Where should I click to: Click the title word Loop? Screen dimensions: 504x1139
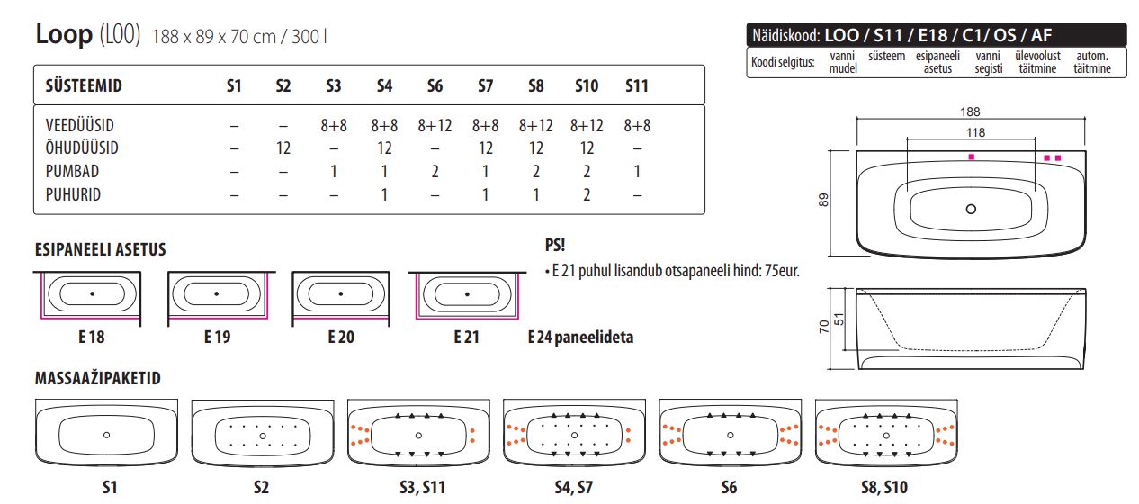pos(64,34)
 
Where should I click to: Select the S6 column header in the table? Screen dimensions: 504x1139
pos(435,86)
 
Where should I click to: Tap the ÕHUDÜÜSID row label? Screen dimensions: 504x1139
pos(82,148)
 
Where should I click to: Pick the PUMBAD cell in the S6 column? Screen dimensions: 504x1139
pos(435,172)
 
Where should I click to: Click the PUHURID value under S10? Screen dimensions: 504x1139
pos(587,195)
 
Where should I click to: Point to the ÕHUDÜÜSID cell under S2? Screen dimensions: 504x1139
pos(283,148)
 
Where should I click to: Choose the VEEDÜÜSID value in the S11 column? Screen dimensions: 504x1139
pos(637,126)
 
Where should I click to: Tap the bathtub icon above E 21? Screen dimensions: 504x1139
pos(465,294)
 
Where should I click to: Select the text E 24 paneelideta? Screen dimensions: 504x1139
pos(580,337)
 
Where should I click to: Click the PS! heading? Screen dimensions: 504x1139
pos(555,245)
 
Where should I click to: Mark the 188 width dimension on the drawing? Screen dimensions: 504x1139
pos(969,112)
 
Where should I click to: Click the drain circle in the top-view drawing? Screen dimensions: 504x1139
pos(970,210)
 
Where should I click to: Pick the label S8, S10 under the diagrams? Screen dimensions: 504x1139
pos(884,487)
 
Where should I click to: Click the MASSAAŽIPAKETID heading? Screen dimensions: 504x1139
pos(97,379)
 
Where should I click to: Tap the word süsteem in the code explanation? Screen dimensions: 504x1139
pos(886,57)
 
